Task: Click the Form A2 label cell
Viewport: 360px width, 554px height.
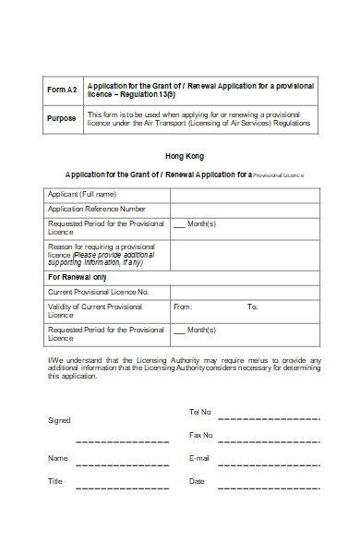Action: (x=62, y=90)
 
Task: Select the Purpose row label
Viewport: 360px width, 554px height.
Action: (x=62, y=118)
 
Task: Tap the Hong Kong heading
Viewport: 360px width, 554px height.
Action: (x=185, y=156)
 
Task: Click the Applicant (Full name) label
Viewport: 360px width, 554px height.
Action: (x=82, y=194)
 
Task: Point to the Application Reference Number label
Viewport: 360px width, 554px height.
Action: (x=97, y=209)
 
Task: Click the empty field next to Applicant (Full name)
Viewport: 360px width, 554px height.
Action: (x=246, y=194)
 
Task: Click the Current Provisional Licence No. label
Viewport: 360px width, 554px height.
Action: (x=98, y=291)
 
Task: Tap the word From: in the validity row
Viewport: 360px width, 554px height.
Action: (x=183, y=307)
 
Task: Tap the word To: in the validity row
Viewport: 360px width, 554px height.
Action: (x=252, y=307)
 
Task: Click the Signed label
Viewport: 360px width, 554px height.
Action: (x=58, y=420)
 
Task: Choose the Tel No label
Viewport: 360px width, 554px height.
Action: (x=200, y=411)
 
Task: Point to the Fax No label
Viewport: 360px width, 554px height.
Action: (x=201, y=434)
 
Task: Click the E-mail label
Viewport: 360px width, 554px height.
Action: (x=199, y=458)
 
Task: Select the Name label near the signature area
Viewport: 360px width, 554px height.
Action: (x=57, y=458)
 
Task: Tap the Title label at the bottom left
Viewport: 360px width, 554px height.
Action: (x=55, y=481)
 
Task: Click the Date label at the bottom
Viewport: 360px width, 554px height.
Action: (x=197, y=481)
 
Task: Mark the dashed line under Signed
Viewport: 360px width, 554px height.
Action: (x=122, y=441)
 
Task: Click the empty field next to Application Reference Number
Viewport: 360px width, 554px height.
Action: (x=246, y=209)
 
